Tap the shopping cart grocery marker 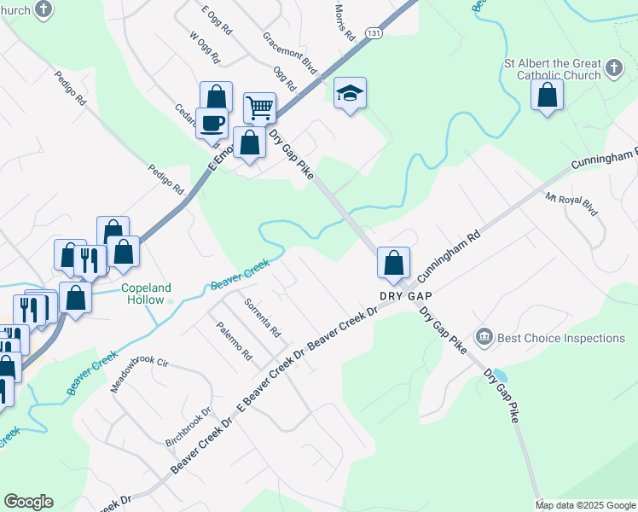point(259,108)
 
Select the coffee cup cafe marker point(212,123)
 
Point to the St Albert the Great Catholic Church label point(553,69)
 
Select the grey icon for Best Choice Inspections point(484,338)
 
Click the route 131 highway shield point(374,32)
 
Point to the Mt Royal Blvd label point(573,207)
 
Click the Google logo point(29,502)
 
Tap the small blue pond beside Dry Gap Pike point(500,376)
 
